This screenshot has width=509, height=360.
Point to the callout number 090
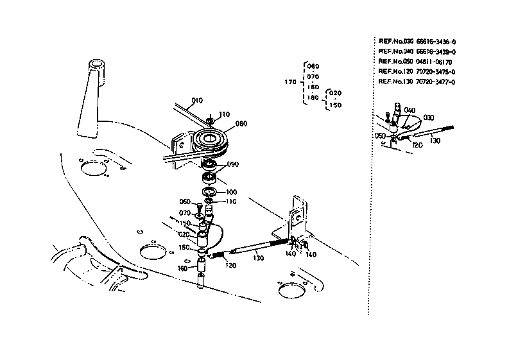[x=232, y=164]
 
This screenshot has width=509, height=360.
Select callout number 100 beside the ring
[x=230, y=191]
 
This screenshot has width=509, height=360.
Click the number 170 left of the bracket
[x=289, y=82]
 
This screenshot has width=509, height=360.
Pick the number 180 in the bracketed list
[x=313, y=97]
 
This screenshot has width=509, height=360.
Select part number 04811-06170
[x=434, y=62]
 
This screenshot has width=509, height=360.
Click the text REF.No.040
[x=394, y=51]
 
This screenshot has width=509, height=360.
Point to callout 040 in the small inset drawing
[x=410, y=110]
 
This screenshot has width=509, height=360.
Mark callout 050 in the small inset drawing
[x=381, y=136]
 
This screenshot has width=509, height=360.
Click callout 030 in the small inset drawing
[x=429, y=117]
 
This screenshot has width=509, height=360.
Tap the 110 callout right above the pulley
[x=223, y=114]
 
